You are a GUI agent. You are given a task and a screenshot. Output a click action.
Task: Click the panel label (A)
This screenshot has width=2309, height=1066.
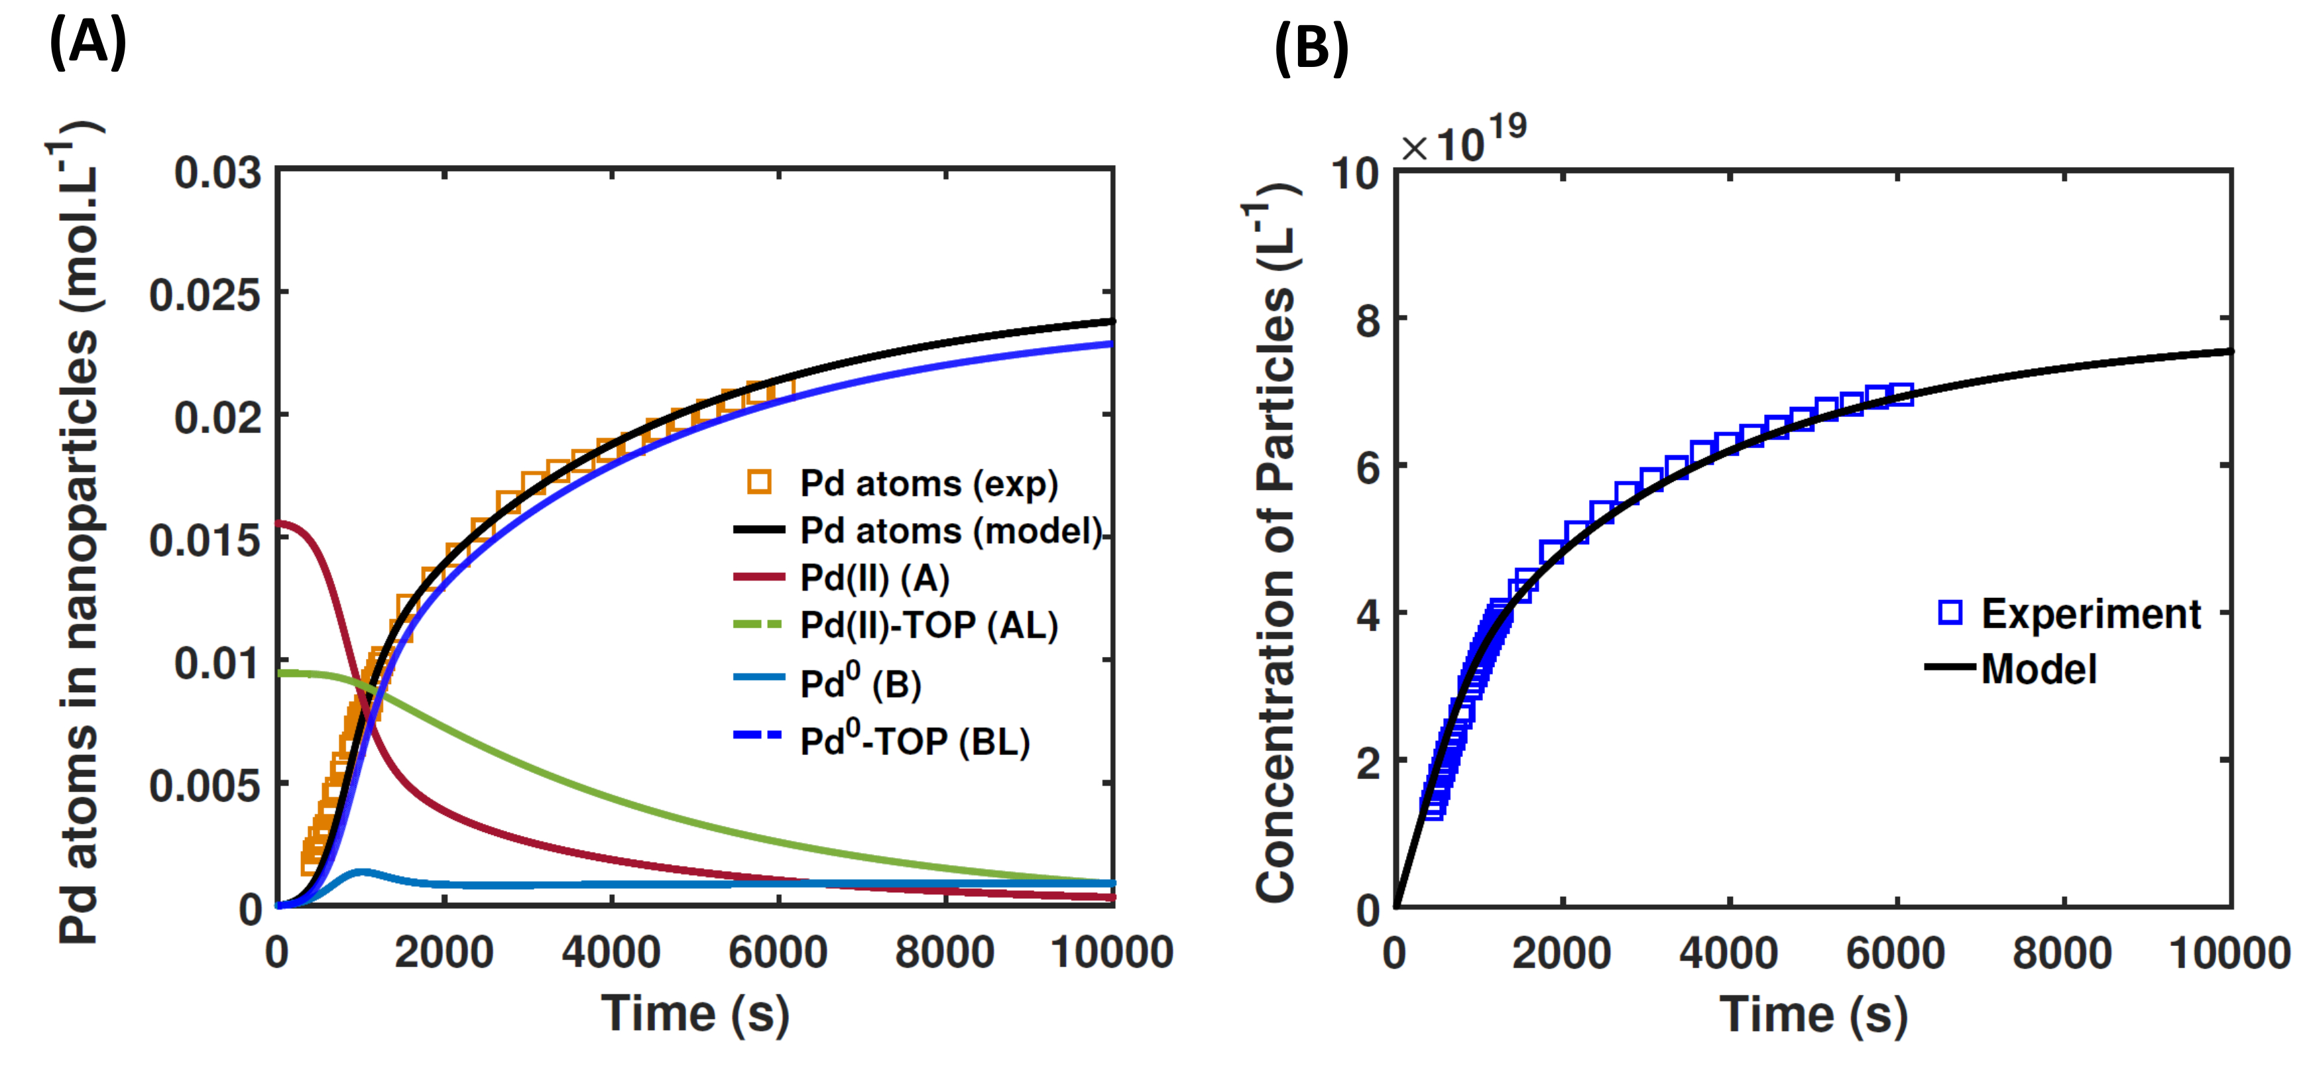click(87, 42)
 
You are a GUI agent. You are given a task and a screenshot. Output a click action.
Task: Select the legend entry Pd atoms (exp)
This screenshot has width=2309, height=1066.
click(927, 483)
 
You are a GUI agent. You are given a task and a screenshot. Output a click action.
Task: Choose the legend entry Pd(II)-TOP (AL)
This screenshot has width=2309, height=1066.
click(927, 625)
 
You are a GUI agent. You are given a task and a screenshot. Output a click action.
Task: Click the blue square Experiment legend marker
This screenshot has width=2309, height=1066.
click(1950, 613)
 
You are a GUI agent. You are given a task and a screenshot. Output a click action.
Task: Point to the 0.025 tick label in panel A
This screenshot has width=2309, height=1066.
click(206, 295)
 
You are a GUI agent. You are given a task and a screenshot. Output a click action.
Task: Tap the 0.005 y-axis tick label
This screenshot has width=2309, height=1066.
click(206, 786)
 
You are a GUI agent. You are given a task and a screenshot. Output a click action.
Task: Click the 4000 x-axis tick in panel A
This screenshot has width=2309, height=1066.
click(611, 952)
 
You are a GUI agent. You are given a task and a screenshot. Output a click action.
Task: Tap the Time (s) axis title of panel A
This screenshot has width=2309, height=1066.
click(695, 1014)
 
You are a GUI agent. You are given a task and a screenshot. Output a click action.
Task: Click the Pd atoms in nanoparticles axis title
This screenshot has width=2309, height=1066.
click(79, 538)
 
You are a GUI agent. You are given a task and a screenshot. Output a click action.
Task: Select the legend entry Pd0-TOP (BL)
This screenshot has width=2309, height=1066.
click(914, 740)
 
